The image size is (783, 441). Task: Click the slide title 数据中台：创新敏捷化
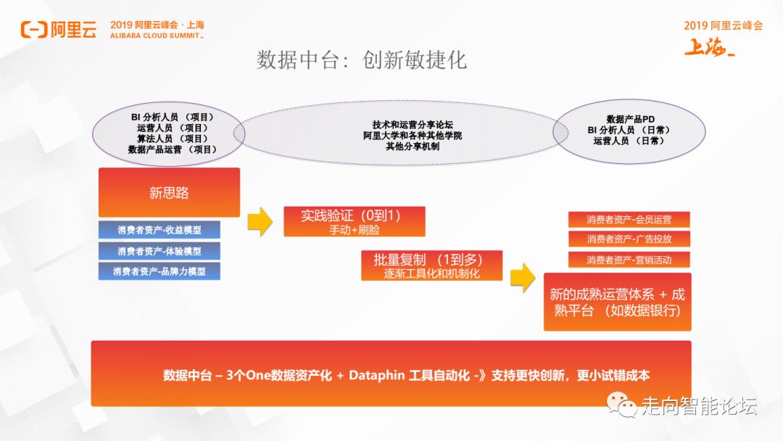[362, 59]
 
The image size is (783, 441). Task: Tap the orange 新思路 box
[169, 192]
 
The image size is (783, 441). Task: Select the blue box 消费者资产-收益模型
[159, 230]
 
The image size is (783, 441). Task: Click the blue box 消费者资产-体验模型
[159, 251]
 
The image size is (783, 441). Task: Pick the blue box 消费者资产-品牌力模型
[159, 271]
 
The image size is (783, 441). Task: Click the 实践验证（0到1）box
[354, 221]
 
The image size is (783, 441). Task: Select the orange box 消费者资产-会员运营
[629, 219]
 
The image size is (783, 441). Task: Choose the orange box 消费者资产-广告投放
[629, 239]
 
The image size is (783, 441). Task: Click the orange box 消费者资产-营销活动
[629, 259]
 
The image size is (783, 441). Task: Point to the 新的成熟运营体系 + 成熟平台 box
[617, 302]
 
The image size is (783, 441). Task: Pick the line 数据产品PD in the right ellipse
[629, 119]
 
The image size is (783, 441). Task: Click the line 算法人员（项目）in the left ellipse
[173, 139]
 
